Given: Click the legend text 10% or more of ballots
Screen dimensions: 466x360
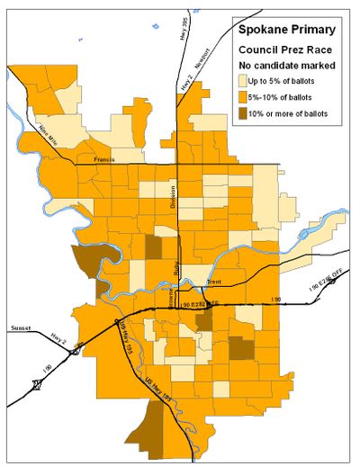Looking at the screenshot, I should click(292, 113).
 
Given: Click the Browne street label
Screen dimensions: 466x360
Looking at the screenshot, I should click(170, 293).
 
